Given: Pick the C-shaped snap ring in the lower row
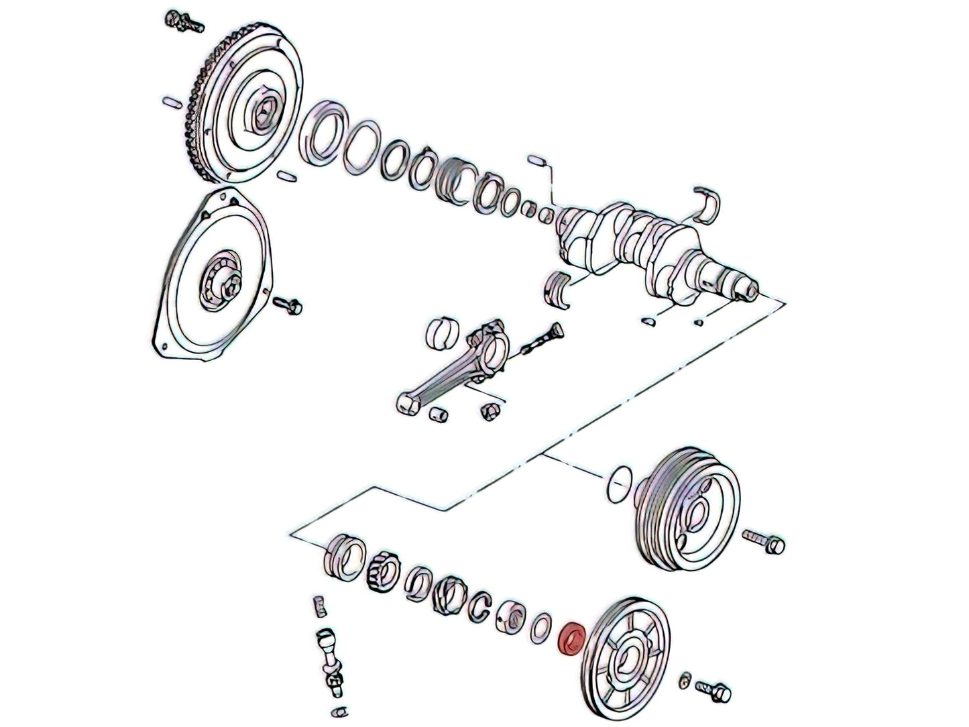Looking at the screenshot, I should [479, 603].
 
